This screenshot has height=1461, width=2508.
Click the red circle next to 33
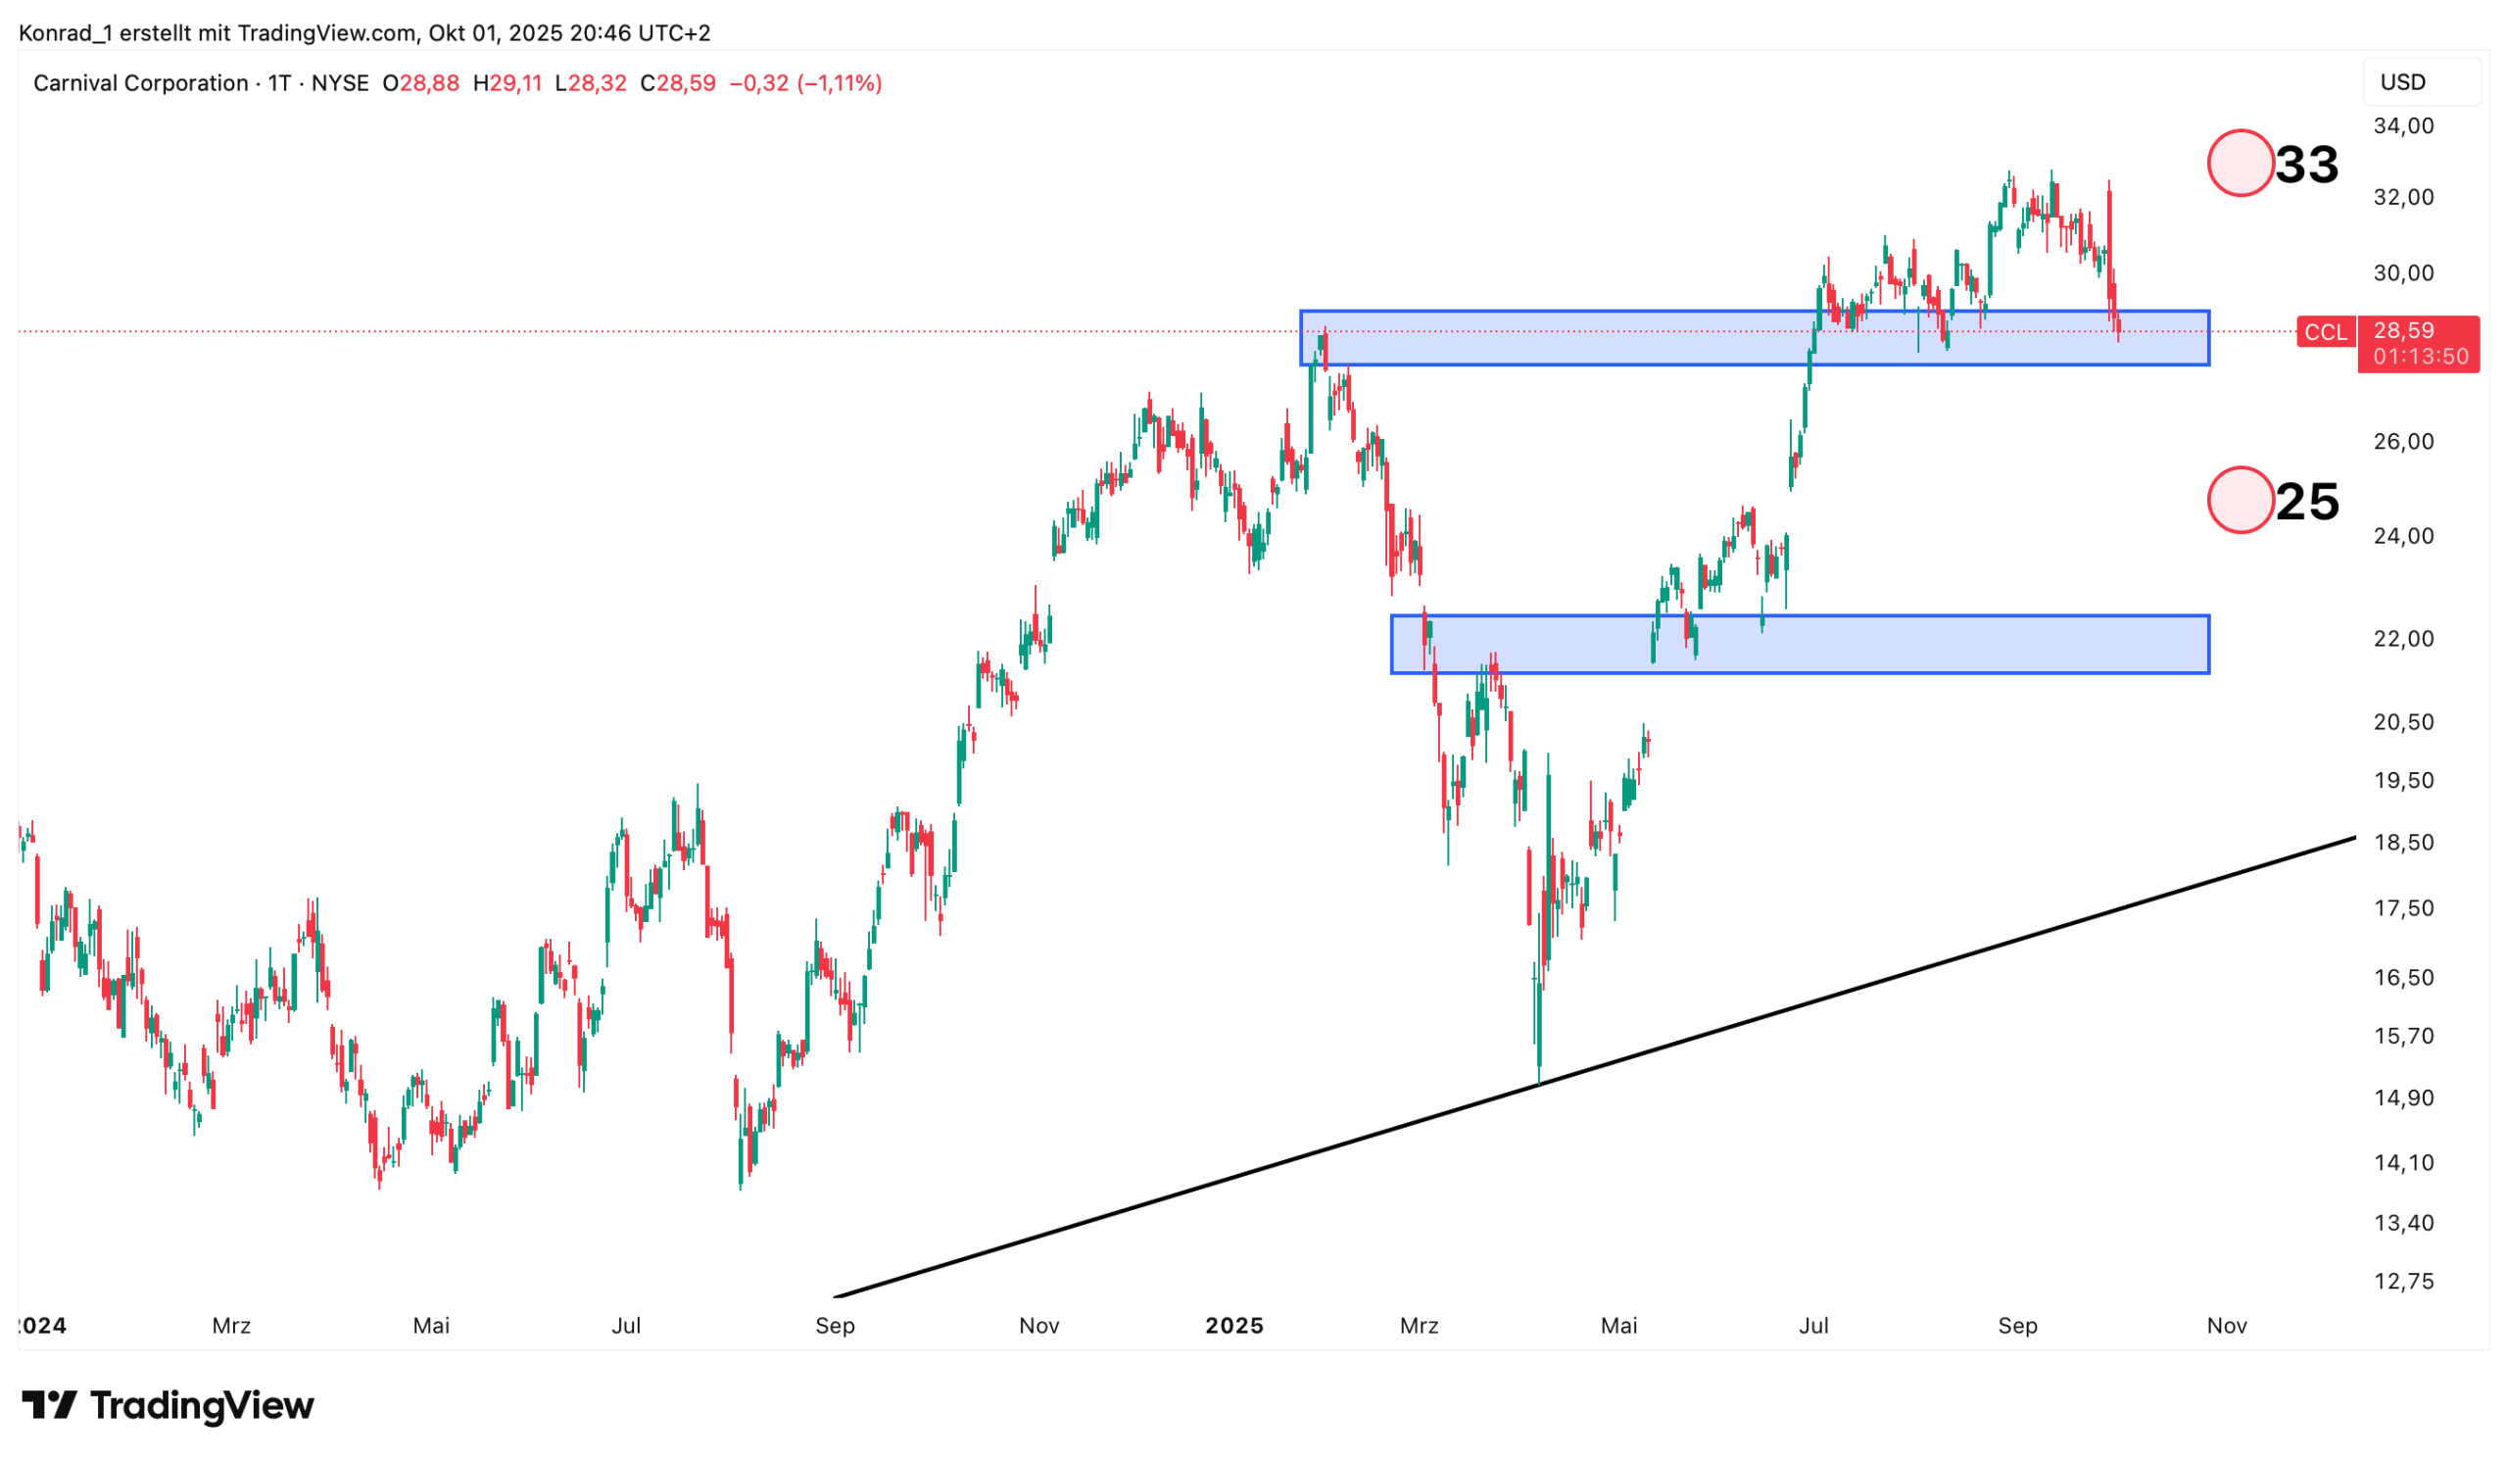coord(2240,164)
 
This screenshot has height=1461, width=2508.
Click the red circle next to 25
coord(2240,500)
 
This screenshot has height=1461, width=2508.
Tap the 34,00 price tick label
coord(2402,126)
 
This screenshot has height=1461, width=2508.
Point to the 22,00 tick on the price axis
coord(2402,639)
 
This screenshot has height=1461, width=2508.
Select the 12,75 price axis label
coord(2402,1281)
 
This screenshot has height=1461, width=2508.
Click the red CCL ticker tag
coord(2325,332)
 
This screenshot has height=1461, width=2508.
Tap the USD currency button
coord(2402,82)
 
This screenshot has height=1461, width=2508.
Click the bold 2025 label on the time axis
coord(1234,1326)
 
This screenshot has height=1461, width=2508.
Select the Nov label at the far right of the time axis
coord(2227,1326)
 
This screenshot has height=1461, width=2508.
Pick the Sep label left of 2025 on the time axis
coord(834,1326)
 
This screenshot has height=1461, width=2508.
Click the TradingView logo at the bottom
coord(168,1405)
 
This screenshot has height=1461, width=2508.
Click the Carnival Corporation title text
coord(140,83)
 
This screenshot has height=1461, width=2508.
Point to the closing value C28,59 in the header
coord(678,83)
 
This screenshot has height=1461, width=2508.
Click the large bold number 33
coord(2306,165)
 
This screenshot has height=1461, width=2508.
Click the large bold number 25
coord(2306,502)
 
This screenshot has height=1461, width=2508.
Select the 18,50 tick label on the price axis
coord(2402,843)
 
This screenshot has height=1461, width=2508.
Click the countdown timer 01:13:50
coord(2420,357)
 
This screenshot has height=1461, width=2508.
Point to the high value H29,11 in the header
coord(507,83)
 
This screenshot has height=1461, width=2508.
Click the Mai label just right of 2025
coord(1618,1326)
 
